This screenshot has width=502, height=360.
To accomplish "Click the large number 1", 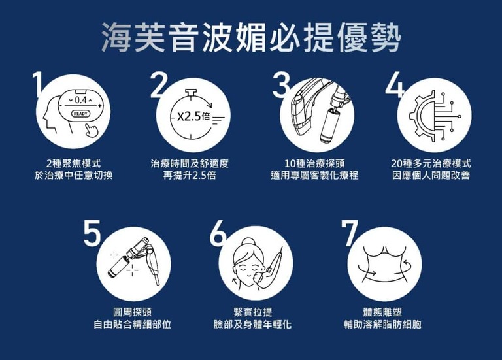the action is (38, 84).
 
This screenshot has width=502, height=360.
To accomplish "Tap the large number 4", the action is (395, 85).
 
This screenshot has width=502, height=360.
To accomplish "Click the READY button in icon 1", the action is (80, 114).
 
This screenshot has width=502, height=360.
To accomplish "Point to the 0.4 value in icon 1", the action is (80, 101).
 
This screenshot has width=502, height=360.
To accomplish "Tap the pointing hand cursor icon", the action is (92, 131).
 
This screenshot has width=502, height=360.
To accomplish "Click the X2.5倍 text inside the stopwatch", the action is (193, 117).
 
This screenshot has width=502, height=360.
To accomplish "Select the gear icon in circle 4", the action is (422, 116).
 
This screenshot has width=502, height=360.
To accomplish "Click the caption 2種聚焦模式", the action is (73, 164).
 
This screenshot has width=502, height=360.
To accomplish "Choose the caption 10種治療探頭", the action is (314, 164).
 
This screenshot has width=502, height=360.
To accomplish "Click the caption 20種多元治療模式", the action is (431, 164).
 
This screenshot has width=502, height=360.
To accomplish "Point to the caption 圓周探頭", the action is (133, 312).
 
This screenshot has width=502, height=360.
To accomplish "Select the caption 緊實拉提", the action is (253, 312).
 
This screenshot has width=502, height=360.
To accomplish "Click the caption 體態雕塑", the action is (382, 312).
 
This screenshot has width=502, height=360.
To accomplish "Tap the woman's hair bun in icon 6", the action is (247, 242).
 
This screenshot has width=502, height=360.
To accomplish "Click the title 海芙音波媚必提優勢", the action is (251, 37).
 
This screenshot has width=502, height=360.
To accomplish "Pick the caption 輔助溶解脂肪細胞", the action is (382, 325).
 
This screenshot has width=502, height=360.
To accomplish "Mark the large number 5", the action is (92, 233).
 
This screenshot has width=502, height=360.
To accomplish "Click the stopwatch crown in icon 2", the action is (191, 93).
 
